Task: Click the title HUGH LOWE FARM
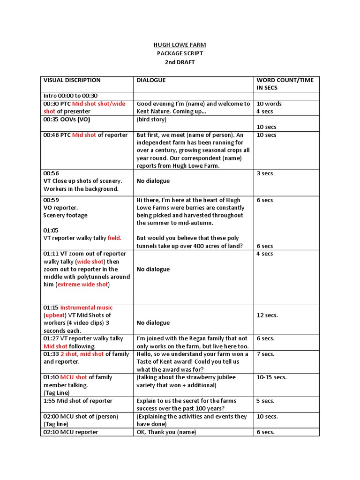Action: point(180,45)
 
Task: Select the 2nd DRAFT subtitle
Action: point(180,62)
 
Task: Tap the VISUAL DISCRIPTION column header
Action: point(72,80)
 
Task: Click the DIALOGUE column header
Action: point(151,80)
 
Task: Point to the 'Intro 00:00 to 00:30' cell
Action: point(70,96)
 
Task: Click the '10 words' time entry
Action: point(269,104)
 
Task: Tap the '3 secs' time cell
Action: point(265,173)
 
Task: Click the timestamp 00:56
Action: point(51,173)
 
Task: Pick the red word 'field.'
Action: point(114,238)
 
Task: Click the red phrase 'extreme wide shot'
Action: point(83,285)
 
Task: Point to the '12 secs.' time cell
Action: point(267,315)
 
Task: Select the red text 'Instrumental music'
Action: point(86,307)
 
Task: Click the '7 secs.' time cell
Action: point(266,354)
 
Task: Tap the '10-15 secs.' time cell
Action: point(271,377)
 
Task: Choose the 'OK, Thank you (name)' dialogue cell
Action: point(166,432)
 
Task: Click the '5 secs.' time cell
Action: point(266,401)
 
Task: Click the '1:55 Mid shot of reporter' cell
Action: point(78,401)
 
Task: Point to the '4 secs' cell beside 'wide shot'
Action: point(265,254)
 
